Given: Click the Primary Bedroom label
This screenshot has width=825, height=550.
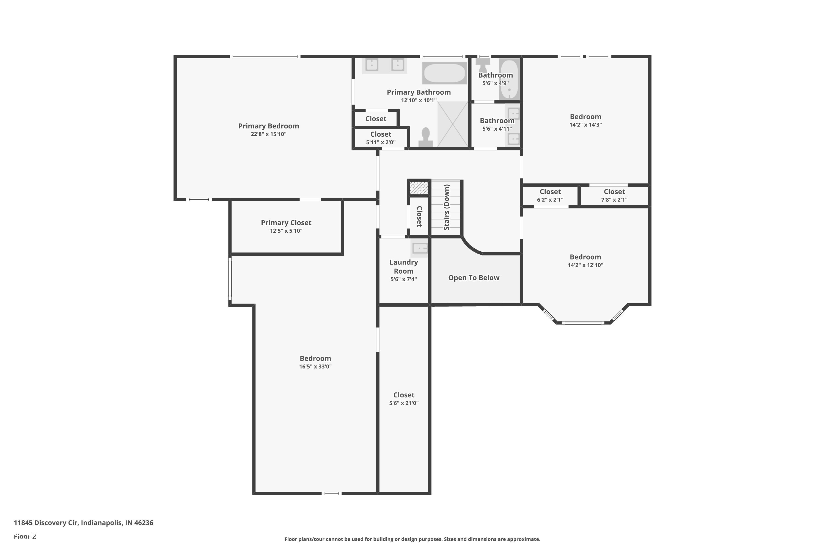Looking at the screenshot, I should (268, 126).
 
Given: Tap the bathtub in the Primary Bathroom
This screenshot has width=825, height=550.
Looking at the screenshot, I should (444, 73).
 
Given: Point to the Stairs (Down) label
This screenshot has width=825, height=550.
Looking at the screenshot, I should (447, 207).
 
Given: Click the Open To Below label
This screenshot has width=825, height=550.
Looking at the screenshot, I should (474, 278).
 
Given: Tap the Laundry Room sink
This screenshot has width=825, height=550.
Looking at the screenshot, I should (420, 248).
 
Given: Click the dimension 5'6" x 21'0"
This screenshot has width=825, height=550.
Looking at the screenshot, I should (403, 403).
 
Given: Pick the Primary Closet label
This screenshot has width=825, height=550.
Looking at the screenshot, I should (286, 223).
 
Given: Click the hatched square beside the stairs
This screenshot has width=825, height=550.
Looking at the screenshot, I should (419, 188).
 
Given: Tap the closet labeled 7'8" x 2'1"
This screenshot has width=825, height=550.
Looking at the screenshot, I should (614, 195).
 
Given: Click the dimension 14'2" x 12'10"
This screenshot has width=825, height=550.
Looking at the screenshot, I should (585, 265).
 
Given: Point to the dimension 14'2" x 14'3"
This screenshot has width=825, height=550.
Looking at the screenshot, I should (585, 125).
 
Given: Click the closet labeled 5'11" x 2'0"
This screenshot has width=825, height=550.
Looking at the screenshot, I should (381, 138).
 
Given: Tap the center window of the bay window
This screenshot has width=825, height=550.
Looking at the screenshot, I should (583, 323).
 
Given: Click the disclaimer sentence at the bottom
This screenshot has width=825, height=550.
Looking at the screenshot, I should (412, 539).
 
